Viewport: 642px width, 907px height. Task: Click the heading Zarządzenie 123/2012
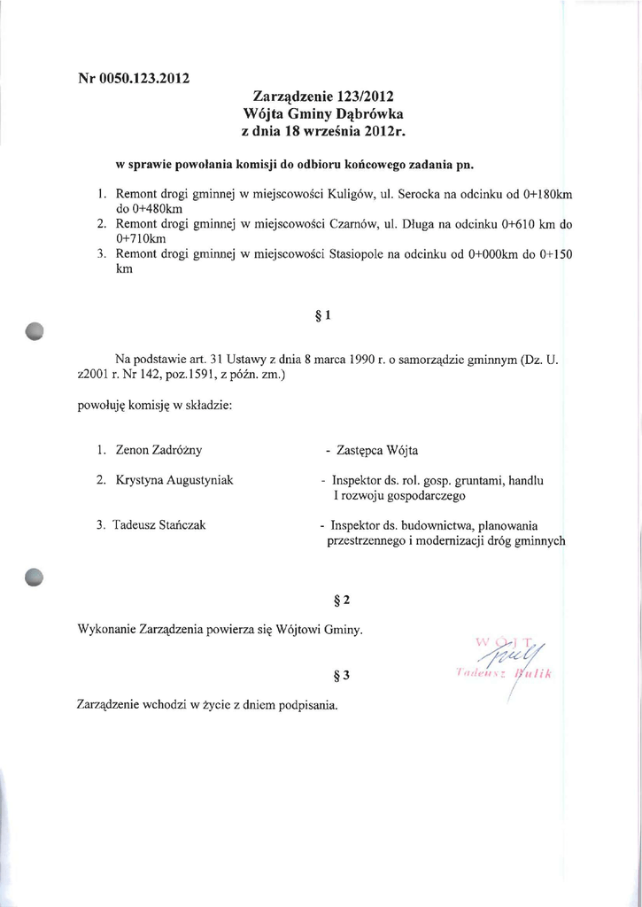(x=323, y=96)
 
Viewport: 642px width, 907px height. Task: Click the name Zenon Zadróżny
(x=159, y=450)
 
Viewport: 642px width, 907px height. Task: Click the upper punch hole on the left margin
(x=35, y=330)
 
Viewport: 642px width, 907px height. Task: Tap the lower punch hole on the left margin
(x=35, y=578)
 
